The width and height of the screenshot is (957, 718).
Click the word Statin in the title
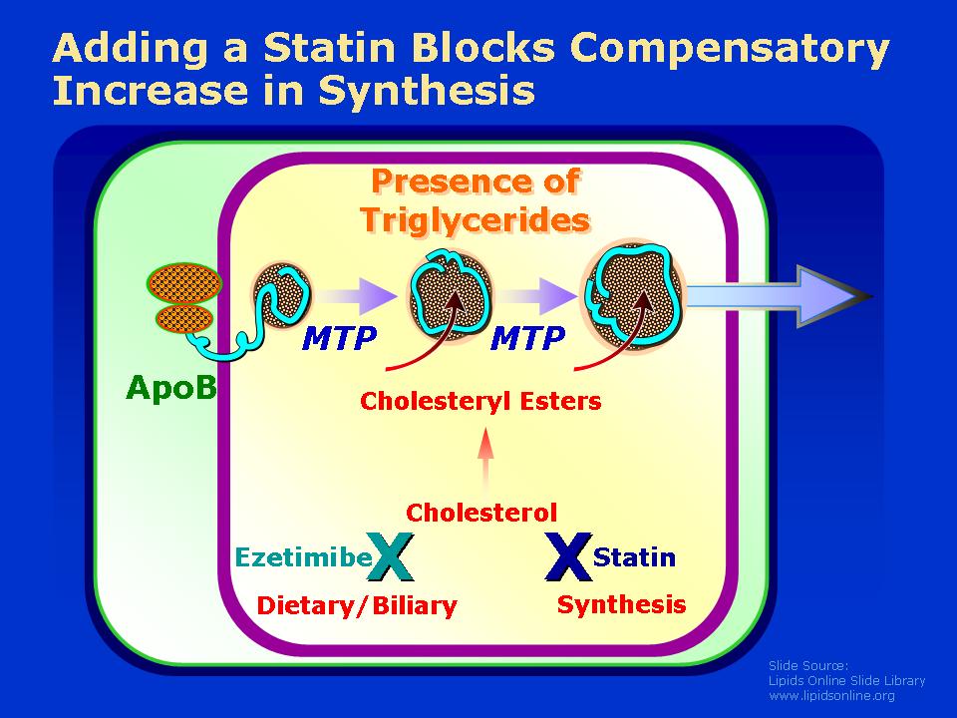coord(331,48)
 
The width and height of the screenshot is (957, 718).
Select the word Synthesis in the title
coord(427,92)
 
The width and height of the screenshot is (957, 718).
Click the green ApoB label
coord(170,387)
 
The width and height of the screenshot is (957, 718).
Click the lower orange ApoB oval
coord(184,319)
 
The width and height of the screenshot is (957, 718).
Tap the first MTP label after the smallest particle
coord(339,338)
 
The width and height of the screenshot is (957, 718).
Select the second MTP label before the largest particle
coord(528,338)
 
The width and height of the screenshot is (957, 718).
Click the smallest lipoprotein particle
coord(281,292)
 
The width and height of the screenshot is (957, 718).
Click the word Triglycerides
coord(476,220)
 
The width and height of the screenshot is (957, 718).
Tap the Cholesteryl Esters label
coord(480,401)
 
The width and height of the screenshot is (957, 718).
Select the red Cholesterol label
coord(481,513)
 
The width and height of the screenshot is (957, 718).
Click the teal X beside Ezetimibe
coord(391,556)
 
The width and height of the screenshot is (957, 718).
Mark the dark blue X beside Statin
coord(568,556)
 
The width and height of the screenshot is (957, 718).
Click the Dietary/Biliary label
coord(357,605)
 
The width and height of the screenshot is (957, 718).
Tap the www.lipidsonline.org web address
coord(831,695)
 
